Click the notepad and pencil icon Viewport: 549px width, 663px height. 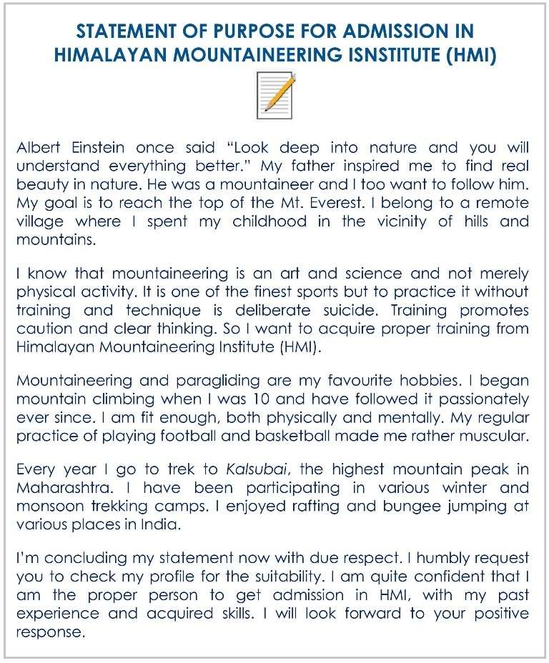(x=276, y=95)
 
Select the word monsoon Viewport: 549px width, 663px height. (x=45, y=507)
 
